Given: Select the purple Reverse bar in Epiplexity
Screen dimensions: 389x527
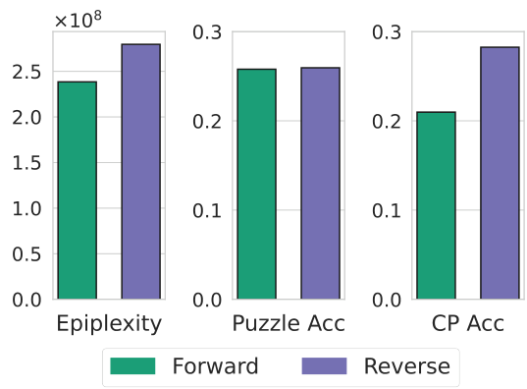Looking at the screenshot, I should click(140, 171).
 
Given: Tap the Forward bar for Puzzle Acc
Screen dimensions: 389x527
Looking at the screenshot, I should click(256, 184).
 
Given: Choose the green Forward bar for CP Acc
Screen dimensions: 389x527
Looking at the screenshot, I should click(436, 205).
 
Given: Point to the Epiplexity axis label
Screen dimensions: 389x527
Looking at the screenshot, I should click(109, 324).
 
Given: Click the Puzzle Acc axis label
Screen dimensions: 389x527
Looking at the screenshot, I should click(288, 324).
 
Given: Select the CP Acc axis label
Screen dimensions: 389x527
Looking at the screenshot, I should click(467, 324).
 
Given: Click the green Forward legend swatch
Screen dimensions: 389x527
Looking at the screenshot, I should click(132, 366).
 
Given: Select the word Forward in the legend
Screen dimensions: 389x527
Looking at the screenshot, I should click(215, 366).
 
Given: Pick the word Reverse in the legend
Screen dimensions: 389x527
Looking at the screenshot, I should click(406, 366).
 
